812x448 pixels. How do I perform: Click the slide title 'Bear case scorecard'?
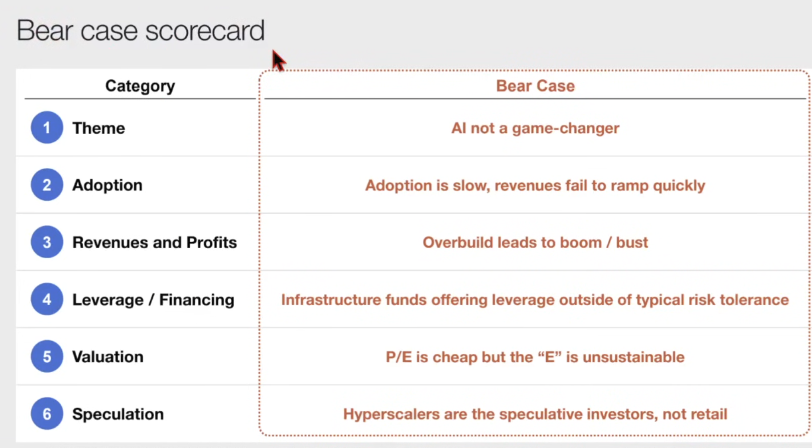click(141, 30)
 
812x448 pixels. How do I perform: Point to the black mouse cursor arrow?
click(278, 60)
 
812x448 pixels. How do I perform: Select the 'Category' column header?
click(140, 86)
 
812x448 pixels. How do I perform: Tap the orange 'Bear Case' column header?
click(535, 86)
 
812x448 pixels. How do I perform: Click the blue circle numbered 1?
click(47, 127)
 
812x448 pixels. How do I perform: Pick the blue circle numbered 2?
click(47, 184)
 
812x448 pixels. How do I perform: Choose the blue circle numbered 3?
click(47, 242)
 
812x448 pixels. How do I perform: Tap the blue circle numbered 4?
click(47, 299)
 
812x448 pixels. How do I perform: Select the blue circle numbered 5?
click(47, 356)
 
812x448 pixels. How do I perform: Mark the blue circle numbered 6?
click(47, 413)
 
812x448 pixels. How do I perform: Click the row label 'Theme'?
click(99, 128)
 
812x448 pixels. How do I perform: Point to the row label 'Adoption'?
click(107, 185)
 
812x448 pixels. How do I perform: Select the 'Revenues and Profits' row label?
click(154, 242)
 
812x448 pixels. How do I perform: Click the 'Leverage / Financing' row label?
click(153, 300)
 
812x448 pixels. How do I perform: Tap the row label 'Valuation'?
click(108, 356)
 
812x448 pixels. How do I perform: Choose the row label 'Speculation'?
click(118, 414)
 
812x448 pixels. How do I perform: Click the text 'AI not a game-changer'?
click(535, 128)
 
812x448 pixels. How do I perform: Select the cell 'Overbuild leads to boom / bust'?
click(535, 242)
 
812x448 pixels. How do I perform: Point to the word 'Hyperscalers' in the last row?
click(391, 414)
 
